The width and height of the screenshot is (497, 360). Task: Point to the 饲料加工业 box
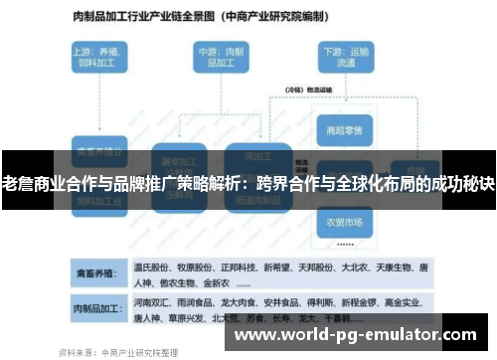pos(98,200)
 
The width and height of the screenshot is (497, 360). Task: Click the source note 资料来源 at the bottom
pos(119,350)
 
